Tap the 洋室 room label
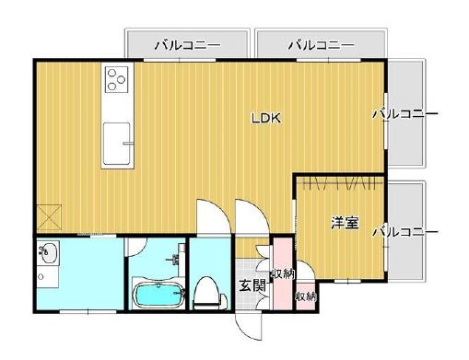tap(345, 223)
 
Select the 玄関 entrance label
tap(252, 285)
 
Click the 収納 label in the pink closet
tap(282, 273)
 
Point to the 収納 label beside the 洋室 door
tap(305, 296)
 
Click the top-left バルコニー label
tap(187, 43)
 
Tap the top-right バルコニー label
tap(321, 43)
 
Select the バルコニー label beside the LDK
tap(405, 114)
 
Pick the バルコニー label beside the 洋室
tap(405, 232)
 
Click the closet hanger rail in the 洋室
tap(338, 180)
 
